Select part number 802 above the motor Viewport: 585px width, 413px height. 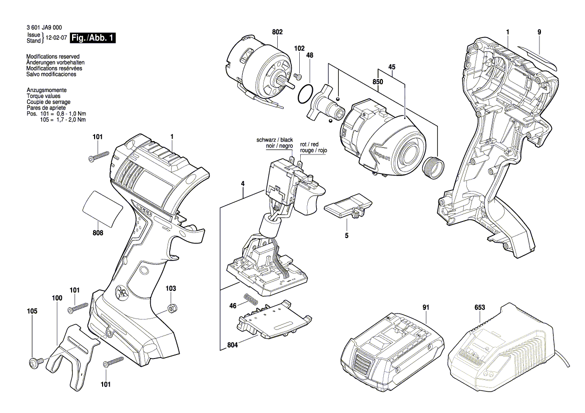(277, 32)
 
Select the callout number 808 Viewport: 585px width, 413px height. (98, 232)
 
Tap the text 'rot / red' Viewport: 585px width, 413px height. (309, 144)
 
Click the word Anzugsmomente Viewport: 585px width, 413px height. (47, 90)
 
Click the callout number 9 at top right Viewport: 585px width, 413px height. (539, 32)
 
